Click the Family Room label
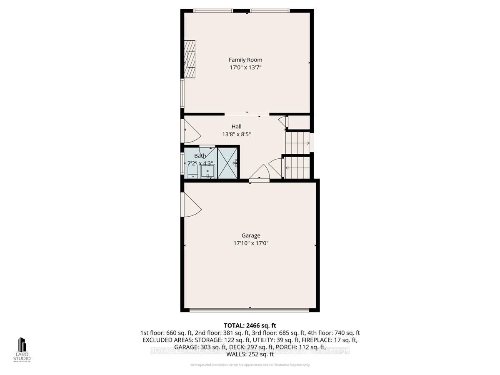click(245, 60)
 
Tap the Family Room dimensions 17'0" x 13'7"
click(245, 67)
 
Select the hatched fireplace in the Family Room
click(190, 59)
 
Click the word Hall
click(236, 127)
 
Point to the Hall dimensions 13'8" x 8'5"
click(236, 134)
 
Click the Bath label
click(200, 156)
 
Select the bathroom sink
click(207, 171)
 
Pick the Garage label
click(250, 235)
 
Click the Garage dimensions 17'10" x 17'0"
click(250, 243)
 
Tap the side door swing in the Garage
click(191, 205)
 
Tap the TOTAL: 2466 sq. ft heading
click(250, 325)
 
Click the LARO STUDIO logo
click(22, 350)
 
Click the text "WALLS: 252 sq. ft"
click(250, 354)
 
